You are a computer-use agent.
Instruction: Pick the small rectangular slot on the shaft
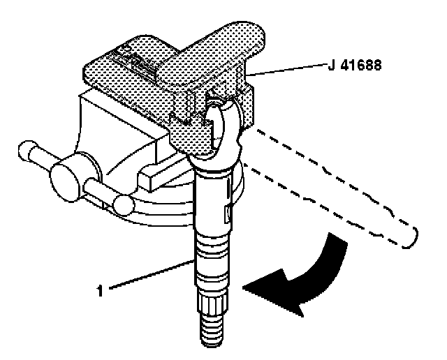[225, 210]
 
